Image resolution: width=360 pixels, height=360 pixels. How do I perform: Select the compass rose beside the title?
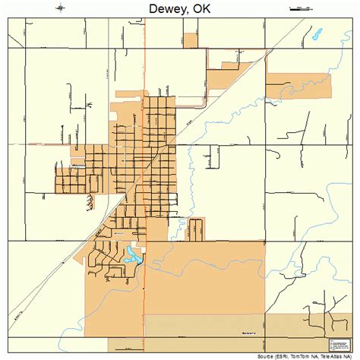click(60, 8)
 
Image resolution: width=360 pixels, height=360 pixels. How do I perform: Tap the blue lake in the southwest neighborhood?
click(133, 257)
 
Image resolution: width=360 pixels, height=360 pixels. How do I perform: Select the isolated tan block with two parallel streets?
click(196, 227)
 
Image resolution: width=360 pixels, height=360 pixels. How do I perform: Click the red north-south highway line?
click(145, 304)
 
